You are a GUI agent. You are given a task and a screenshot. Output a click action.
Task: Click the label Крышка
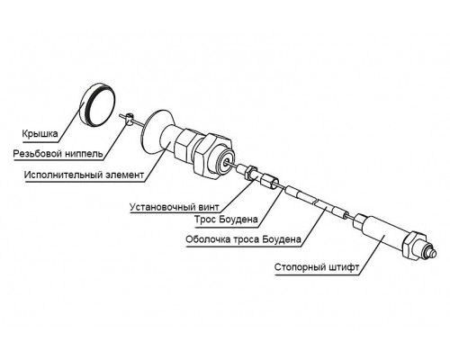coord(40,133)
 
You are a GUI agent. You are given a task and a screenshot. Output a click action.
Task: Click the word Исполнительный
coord(64,175)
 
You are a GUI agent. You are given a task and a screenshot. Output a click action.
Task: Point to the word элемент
coord(125,175)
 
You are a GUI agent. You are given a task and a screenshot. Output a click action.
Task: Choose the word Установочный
coord(163,207)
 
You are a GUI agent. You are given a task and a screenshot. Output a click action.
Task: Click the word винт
coord(209,207)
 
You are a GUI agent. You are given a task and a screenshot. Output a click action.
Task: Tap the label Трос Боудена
coord(226,220)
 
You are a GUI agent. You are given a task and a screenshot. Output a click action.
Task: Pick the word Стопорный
coord(300,267)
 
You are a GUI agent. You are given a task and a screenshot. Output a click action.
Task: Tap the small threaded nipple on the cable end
coord(130,118)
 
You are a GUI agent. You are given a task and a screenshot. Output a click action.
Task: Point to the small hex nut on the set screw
coord(250,173)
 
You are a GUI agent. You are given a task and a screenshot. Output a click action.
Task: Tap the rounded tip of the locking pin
coord(433,253)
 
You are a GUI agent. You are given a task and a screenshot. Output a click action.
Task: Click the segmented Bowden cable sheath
coord(315,202)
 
